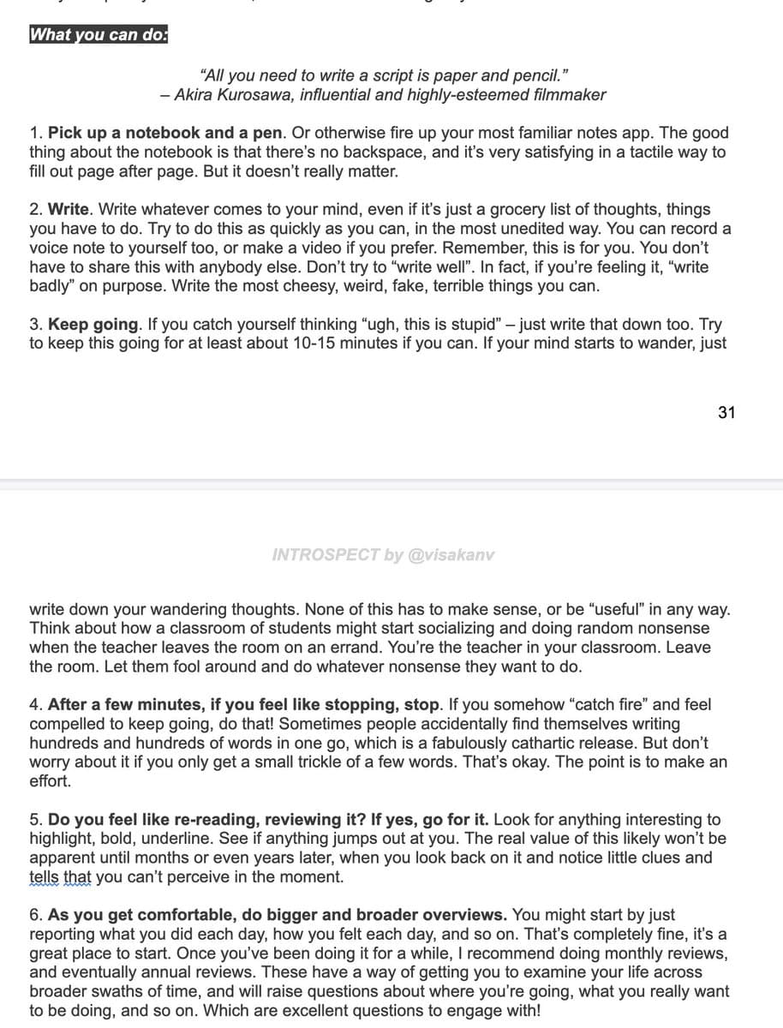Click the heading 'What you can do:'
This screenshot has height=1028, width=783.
click(99, 35)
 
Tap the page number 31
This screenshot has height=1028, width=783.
click(726, 412)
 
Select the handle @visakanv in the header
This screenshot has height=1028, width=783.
click(451, 554)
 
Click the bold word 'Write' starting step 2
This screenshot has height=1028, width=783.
click(68, 209)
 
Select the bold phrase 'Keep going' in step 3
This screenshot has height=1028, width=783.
click(93, 325)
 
